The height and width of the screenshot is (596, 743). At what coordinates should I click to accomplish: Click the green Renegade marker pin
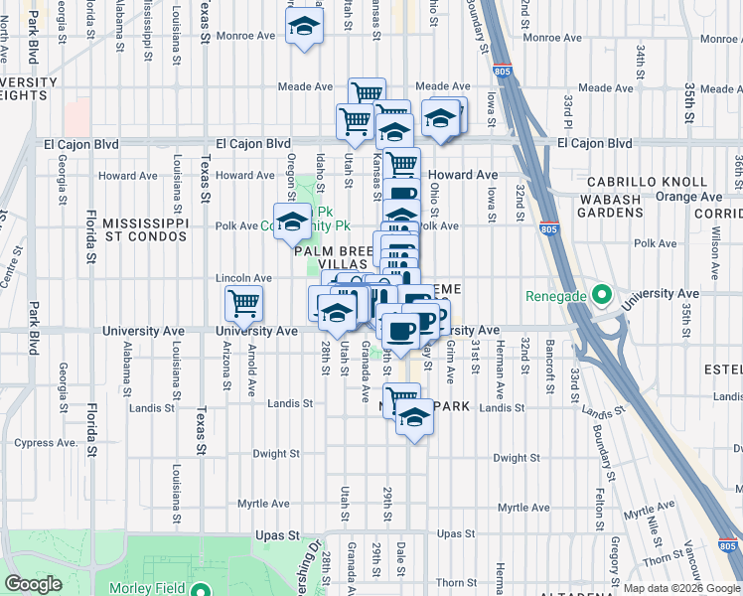point(600,295)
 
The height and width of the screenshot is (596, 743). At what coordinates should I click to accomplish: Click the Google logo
point(33,585)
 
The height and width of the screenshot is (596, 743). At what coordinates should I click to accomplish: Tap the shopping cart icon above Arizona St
point(243,302)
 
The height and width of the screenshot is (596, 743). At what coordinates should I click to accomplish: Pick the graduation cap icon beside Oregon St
point(292,222)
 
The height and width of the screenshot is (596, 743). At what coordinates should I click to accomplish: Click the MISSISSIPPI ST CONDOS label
point(145,230)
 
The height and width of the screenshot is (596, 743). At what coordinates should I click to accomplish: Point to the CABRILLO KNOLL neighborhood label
point(647,183)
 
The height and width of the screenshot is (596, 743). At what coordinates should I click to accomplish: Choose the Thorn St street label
point(456,583)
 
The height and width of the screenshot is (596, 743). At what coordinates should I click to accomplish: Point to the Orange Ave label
point(694,197)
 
